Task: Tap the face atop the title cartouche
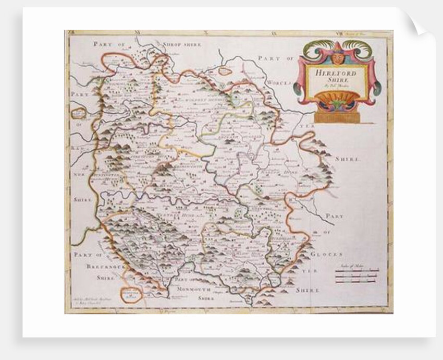click(337, 56)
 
